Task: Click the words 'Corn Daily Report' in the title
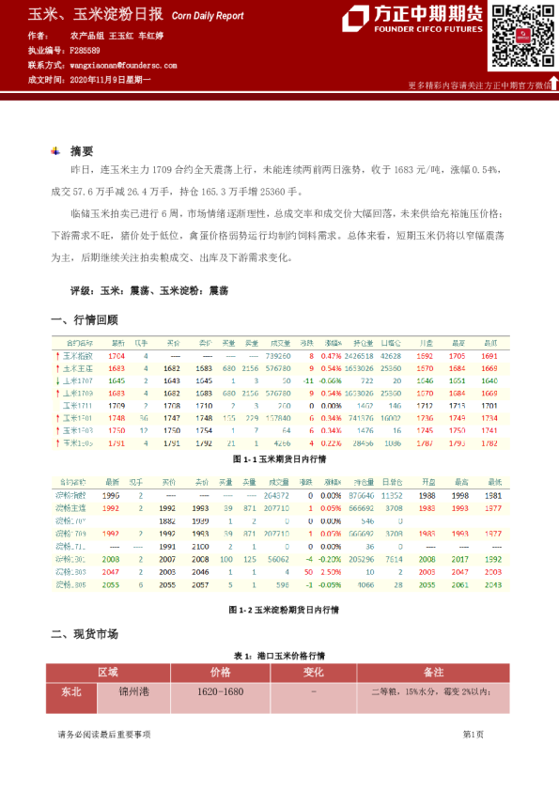pos(208,16)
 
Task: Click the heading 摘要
pos(82,151)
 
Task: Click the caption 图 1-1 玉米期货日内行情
pos(278,459)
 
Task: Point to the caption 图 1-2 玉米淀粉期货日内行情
pos(278,610)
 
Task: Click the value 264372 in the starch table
pos(277,494)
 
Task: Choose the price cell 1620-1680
pos(221,691)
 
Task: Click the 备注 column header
pos(433,673)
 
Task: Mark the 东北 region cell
pos(71,691)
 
